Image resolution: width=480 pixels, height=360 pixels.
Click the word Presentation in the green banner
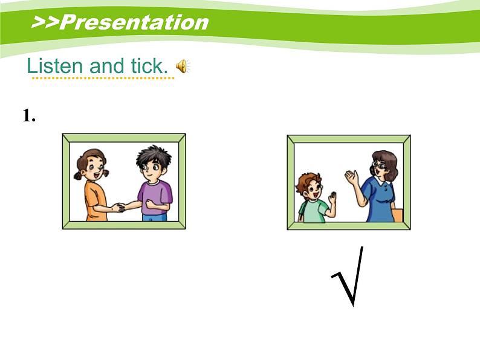coord(134,22)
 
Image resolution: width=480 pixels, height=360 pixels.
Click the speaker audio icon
coord(183,66)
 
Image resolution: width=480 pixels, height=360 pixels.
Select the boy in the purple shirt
coord(153,184)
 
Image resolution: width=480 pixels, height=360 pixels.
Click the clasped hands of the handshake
coord(119,207)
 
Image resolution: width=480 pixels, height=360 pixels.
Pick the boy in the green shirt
coord(312,198)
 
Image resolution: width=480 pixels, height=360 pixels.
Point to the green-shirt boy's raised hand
coord(331,198)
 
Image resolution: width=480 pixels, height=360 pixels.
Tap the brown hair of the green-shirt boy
coord(309,179)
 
